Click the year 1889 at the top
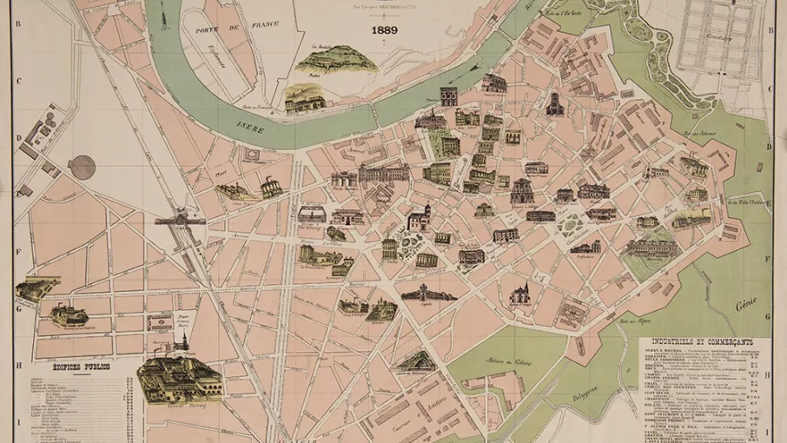tap(384, 30)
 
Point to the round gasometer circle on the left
tap(83, 167)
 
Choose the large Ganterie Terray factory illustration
tap(179, 377)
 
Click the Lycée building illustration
tap(428, 294)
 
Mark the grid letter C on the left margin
tap(18, 83)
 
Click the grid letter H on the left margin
tap(18, 366)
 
